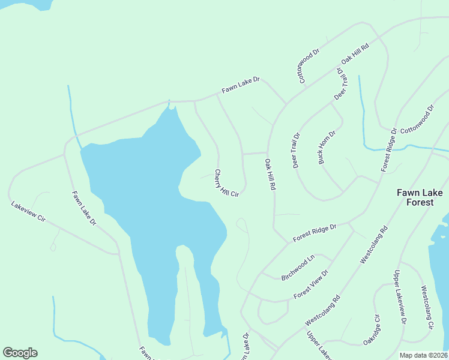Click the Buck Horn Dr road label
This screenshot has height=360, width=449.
(x=327, y=147)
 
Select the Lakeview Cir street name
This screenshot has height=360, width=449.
(x=28, y=212)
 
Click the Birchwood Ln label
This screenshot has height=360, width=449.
(x=298, y=268)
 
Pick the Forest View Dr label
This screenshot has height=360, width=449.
(x=312, y=284)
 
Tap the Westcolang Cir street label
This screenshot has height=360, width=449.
(x=427, y=307)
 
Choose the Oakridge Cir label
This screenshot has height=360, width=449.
(x=372, y=329)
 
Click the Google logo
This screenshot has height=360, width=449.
(x=20, y=353)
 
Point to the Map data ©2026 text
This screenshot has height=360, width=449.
(x=423, y=355)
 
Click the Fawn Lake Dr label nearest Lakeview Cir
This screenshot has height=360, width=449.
(x=84, y=208)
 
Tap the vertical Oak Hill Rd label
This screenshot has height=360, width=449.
(x=270, y=174)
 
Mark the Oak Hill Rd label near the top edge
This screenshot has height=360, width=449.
(x=354, y=54)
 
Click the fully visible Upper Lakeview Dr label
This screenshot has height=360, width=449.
(x=400, y=298)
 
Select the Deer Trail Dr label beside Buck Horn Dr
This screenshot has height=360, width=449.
(x=296, y=150)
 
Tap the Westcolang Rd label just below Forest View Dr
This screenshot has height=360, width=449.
(x=322, y=307)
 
